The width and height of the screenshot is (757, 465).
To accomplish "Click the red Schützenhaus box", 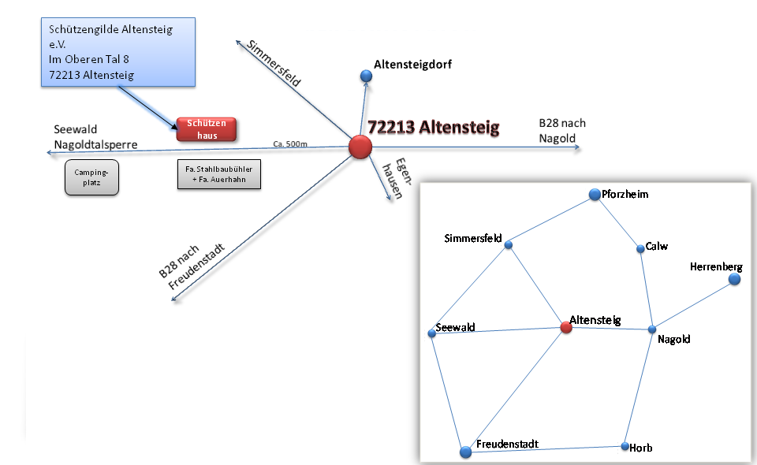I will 207,129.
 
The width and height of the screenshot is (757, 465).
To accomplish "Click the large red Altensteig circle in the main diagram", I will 360,147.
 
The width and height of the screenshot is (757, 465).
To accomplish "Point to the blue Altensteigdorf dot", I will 366,76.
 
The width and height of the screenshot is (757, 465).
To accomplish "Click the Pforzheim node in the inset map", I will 595,195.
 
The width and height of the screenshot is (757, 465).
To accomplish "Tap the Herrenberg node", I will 734,279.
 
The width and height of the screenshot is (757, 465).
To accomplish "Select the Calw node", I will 640,249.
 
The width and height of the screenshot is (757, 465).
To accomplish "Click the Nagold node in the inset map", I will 652,329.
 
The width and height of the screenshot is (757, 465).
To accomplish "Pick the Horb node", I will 624,446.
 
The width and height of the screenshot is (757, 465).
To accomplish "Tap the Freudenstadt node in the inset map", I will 465,452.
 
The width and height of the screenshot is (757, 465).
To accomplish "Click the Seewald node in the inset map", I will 432,333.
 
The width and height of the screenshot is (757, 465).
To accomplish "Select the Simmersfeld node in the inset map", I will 509,245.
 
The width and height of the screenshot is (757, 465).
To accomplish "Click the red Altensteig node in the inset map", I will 565,327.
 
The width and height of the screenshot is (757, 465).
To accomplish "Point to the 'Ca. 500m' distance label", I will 289,144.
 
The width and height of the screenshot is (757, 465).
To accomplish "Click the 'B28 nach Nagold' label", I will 561,131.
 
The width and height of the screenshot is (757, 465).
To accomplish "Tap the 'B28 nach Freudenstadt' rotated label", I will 192,266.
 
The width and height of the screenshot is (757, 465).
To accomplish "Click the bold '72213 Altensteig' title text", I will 433,128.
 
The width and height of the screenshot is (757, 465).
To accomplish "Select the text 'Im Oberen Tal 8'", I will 88,60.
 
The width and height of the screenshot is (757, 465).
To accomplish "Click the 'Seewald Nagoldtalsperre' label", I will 95,137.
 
